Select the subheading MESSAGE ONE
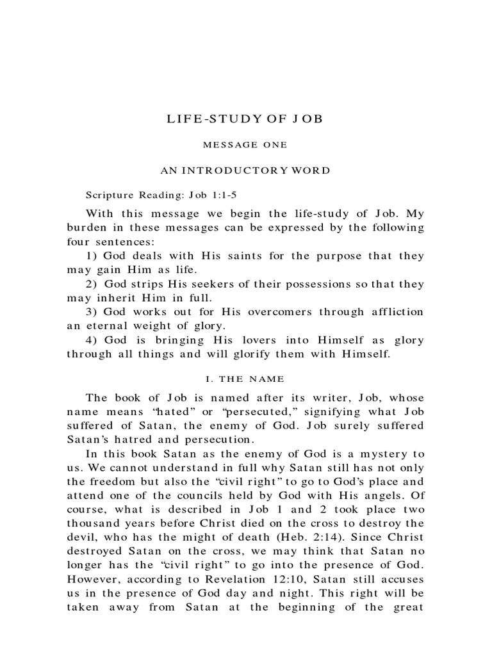tap(245, 145)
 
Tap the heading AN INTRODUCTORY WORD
tap(245, 170)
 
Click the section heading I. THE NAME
tap(245, 379)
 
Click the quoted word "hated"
tap(180, 412)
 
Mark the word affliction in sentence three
tap(393, 312)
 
